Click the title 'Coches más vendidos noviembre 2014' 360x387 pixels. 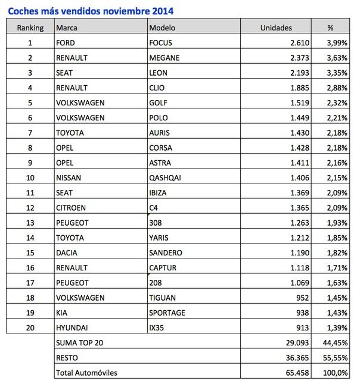point(91,10)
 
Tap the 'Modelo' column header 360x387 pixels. point(162,27)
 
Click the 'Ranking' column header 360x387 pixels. point(30,27)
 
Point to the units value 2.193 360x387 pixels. point(296,73)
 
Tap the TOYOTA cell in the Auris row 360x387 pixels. point(70,132)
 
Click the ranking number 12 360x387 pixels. point(30,207)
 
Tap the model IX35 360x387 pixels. point(158,327)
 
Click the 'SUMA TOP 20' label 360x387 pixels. point(79,342)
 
